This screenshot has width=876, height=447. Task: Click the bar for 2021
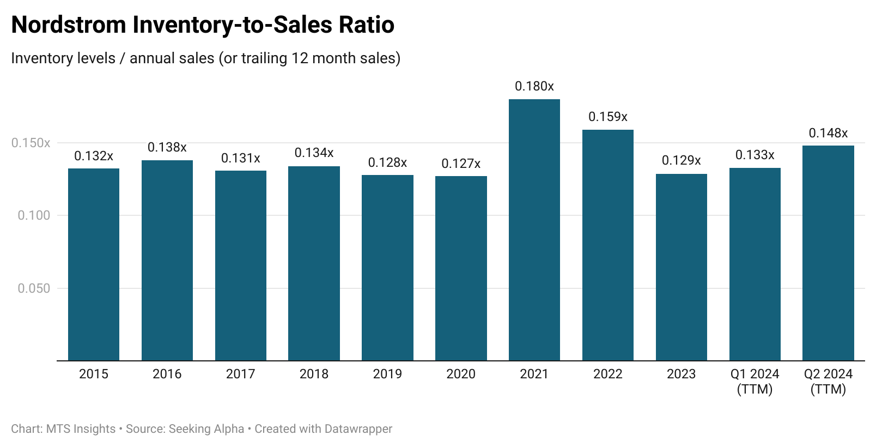pos(534,229)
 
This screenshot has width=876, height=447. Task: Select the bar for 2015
pos(94,264)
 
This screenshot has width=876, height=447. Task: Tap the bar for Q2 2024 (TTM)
pos(828,253)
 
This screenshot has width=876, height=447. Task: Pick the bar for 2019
pos(387,268)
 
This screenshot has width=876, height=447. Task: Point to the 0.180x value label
pos(534,86)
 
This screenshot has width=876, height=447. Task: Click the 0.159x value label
pos(607,117)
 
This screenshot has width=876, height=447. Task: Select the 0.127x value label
pos(461,164)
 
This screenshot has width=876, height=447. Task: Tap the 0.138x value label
pos(167,147)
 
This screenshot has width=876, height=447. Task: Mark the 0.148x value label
pos(828,133)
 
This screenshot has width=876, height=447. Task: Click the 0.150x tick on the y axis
pos(31,143)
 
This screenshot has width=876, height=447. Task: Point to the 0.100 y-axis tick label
pos(34,215)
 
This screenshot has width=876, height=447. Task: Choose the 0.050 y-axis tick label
pos(34,288)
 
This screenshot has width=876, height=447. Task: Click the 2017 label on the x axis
pos(240,374)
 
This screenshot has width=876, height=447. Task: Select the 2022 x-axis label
pos(607,374)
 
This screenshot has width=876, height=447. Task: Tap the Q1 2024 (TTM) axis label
pos(755,381)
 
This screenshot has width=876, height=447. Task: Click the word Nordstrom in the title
pos(69,25)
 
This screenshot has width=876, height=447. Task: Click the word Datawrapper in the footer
pos(358,429)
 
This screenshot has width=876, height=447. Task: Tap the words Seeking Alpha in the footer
pos(206,429)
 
